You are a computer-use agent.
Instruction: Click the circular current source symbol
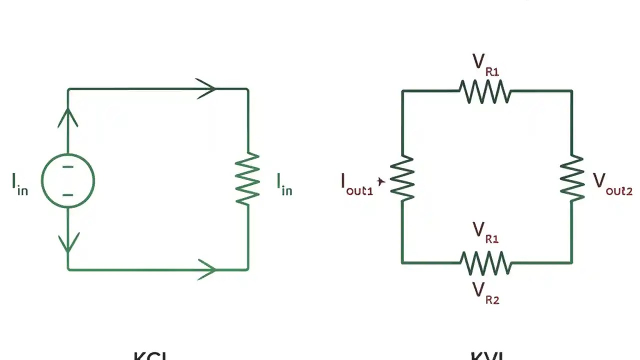click(x=68, y=180)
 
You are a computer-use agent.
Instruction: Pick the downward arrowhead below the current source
click(x=68, y=242)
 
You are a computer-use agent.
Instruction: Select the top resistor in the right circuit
click(x=485, y=91)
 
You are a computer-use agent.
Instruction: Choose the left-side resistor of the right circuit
click(x=402, y=178)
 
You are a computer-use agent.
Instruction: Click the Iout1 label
click(x=356, y=184)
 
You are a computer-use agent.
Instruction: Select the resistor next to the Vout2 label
click(x=572, y=178)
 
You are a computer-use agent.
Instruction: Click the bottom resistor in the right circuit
click(x=485, y=262)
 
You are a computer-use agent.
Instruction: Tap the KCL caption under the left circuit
click(x=150, y=356)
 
